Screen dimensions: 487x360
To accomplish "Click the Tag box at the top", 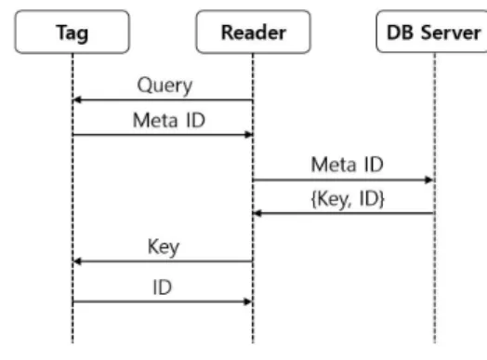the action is (x=72, y=32).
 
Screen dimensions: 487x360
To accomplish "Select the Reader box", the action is (x=253, y=32).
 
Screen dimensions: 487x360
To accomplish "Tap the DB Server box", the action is (x=432, y=31).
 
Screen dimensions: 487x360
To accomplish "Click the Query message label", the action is (x=165, y=86).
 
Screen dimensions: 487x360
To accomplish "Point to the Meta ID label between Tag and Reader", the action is (x=169, y=120).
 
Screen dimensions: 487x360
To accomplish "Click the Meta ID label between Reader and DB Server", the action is (x=347, y=165).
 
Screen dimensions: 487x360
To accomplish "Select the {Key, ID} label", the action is (x=348, y=199).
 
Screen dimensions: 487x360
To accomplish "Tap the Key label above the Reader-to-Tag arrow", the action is (x=164, y=247).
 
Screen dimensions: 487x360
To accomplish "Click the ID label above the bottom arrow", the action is (x=162, y=287).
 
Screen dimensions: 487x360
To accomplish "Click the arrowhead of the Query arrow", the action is (x=76, y=100).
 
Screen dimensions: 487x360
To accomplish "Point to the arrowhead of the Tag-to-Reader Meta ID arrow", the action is (x=249, y=135).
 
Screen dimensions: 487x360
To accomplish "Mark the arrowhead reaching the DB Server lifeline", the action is (x=429, y=180).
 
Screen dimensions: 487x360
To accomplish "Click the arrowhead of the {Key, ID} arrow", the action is (x=257, y=213).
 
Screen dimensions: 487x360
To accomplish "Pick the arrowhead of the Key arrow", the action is (x=77, y=261).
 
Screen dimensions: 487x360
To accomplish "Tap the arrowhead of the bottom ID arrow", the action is (x=248, y=301).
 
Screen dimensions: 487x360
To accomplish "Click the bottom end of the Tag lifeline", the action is (x=72, y=342).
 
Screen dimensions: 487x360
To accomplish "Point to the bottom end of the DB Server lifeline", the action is (x=435, y=342).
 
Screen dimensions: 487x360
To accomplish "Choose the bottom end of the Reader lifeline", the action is (x=253, y=342).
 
